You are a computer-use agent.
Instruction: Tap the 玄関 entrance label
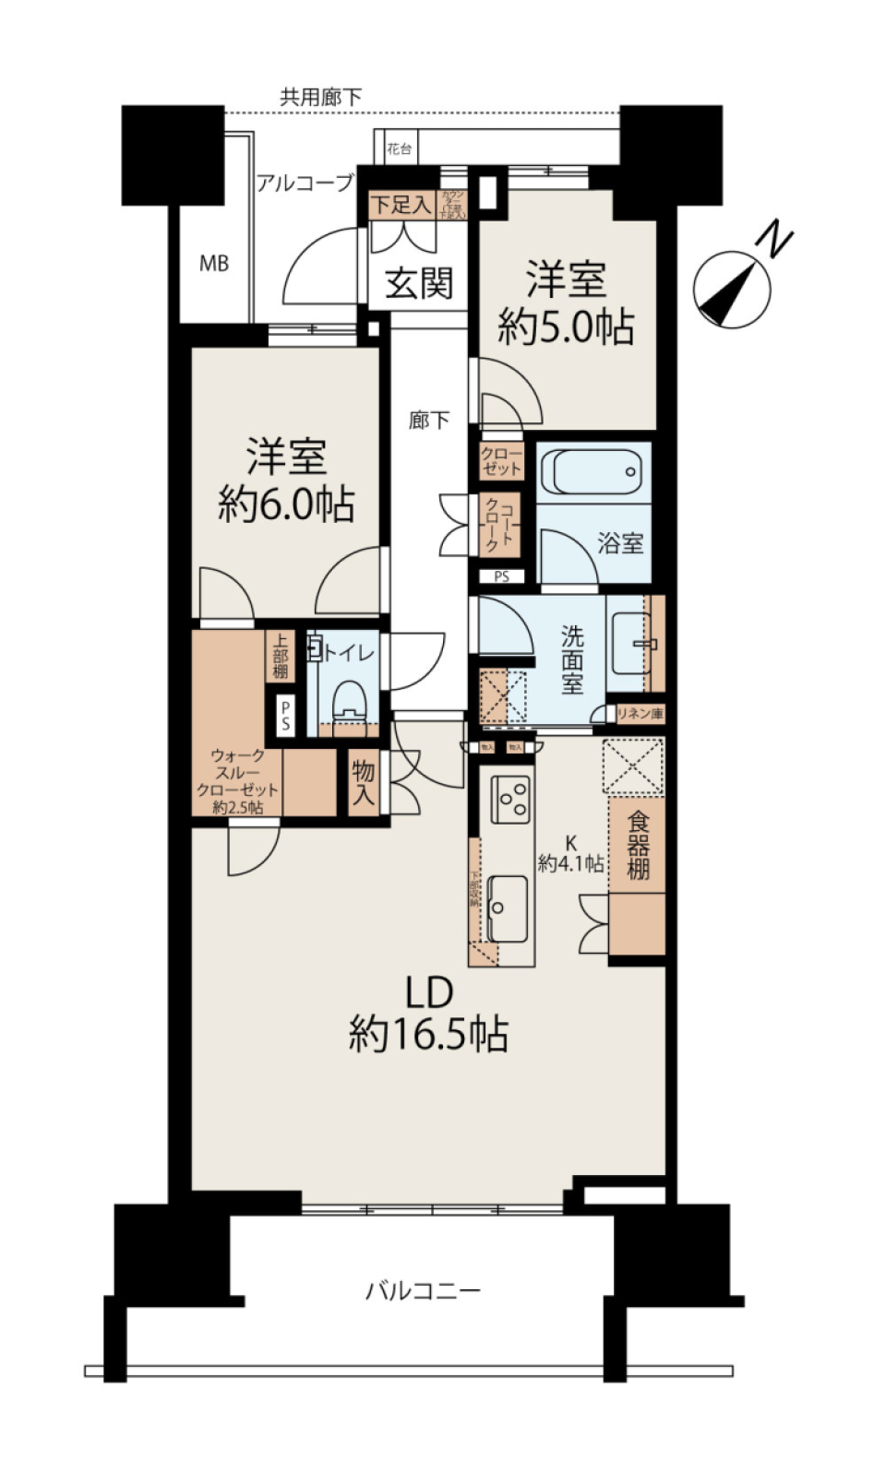point(419,283)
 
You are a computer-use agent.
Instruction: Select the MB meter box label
point(214,265)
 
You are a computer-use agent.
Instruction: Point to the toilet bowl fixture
point(350,701)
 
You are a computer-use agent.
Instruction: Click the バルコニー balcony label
point(423,1290)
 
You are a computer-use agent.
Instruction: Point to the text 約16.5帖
point(428,1036)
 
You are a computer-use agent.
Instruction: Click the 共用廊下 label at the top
point(320,97)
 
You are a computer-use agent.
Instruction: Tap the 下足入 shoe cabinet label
point(401,204)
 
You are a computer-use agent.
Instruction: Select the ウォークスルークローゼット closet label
point(237,781)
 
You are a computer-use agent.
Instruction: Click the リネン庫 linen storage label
point(640,714)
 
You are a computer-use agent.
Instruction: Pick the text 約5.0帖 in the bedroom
point(566,326)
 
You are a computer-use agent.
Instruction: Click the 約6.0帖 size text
point(286,504)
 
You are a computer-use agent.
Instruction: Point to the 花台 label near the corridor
point(399,148)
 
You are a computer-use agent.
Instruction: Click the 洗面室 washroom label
point(572,659)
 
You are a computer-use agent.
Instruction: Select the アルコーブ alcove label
point(305,183)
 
